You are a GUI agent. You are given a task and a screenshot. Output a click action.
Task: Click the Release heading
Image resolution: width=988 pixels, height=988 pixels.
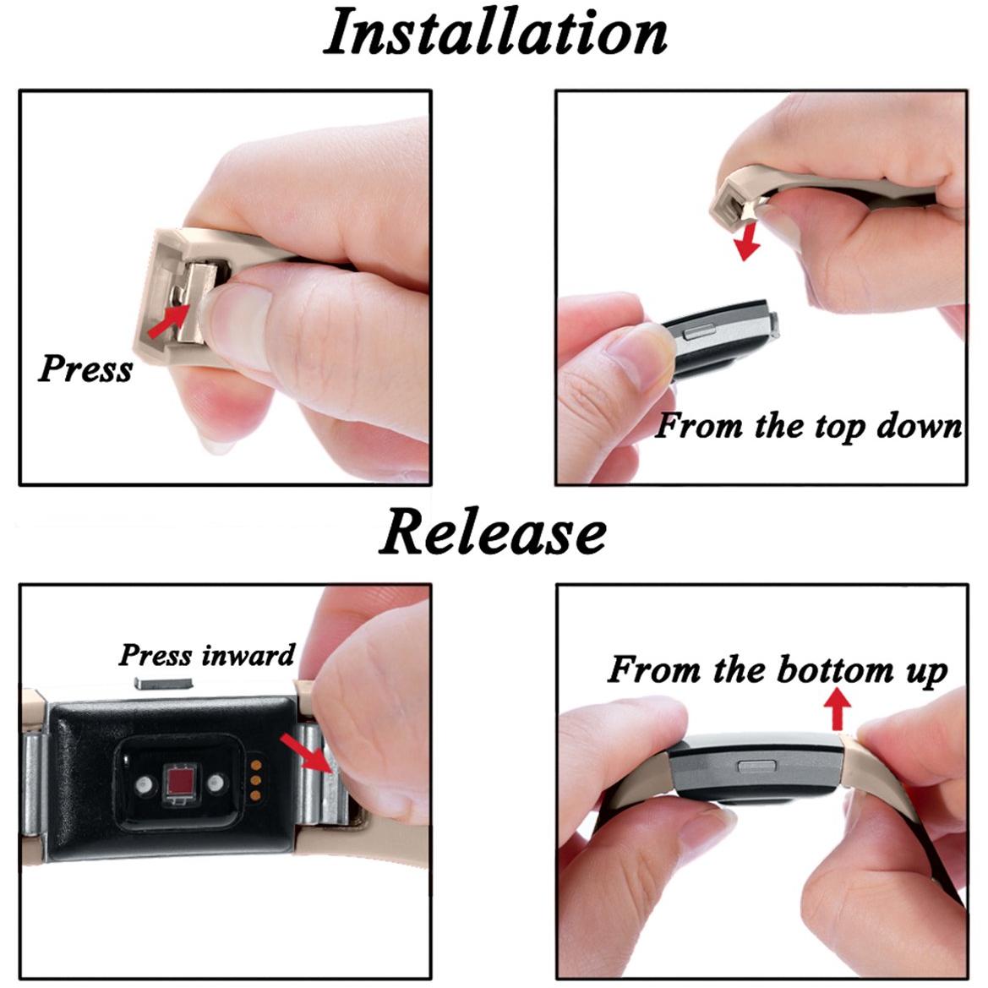[492, 532]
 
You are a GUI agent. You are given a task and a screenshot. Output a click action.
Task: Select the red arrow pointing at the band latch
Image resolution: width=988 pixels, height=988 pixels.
[167, 320]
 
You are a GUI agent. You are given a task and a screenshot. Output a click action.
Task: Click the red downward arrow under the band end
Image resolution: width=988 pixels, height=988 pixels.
[748, 242]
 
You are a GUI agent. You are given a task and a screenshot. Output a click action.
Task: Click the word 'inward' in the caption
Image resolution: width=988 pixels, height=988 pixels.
[248, 655]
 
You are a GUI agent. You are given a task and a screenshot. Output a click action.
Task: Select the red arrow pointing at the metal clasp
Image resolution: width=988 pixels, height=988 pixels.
[305, 751]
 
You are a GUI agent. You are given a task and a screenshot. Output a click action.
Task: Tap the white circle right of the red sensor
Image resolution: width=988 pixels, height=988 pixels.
[216, 783]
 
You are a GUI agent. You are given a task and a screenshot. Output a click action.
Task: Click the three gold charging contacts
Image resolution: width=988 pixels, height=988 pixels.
[256, 781]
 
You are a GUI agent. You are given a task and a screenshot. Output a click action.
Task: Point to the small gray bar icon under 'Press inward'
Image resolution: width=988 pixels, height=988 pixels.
[162, 682]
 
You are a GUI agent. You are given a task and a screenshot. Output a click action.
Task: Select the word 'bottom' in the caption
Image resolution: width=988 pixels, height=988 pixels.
[836, 669]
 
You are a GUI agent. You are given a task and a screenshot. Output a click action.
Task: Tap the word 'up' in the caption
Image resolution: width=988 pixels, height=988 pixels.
[926, 673]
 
